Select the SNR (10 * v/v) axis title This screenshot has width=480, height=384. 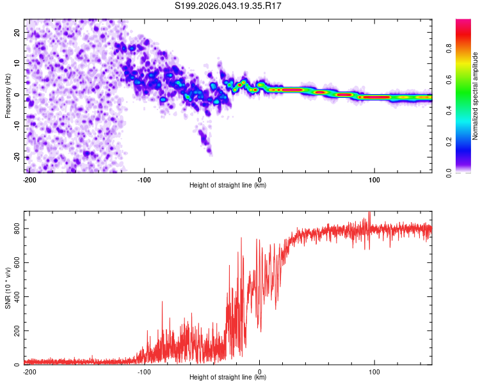(8, 287)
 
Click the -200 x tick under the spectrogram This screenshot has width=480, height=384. (29, 179)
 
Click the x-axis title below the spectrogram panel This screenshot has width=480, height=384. (228, 186)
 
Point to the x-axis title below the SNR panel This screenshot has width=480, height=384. (228, 378)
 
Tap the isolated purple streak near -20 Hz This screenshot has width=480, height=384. (205, 142)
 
